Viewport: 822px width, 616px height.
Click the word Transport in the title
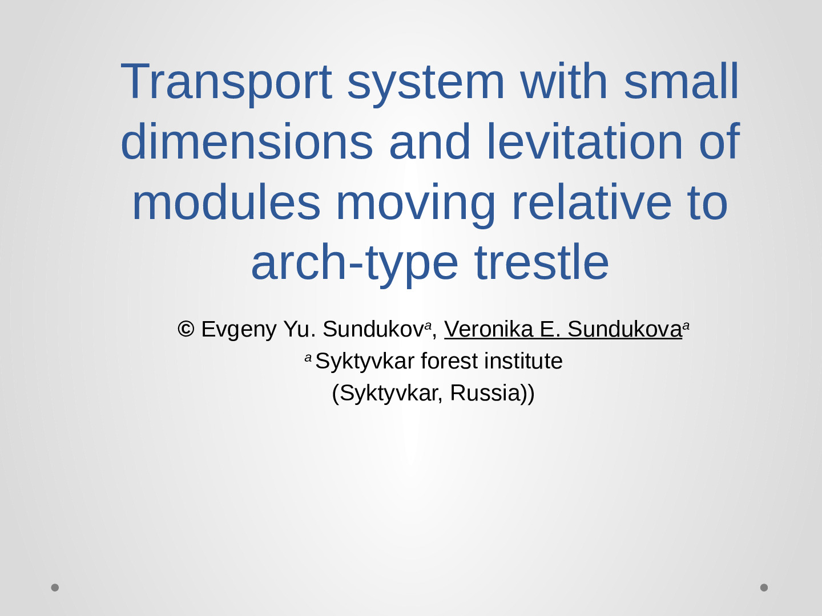coord(226,82)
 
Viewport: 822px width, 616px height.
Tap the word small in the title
coord(681,81)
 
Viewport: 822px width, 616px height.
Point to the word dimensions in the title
coord(247,141)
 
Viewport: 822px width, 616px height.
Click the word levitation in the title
coord(585,141)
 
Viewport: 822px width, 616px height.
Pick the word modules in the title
coord(226,201)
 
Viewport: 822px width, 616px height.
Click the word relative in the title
coord(592,201)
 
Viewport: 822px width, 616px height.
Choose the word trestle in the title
coord(542,261)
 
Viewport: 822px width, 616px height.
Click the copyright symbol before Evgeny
coord(186,329)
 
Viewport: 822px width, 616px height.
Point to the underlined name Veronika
coord(489,330)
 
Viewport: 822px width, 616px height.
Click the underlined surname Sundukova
coord(624,330)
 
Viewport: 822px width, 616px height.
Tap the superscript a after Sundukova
coord(686,326)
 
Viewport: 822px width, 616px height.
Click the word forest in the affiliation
coord(449,361)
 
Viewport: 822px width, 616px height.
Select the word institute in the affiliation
coord(523,361)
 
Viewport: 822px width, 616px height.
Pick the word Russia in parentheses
coord(486,393)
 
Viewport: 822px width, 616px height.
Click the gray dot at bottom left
coord(55,587)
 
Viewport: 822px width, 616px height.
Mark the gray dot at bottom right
coord(764,587)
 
